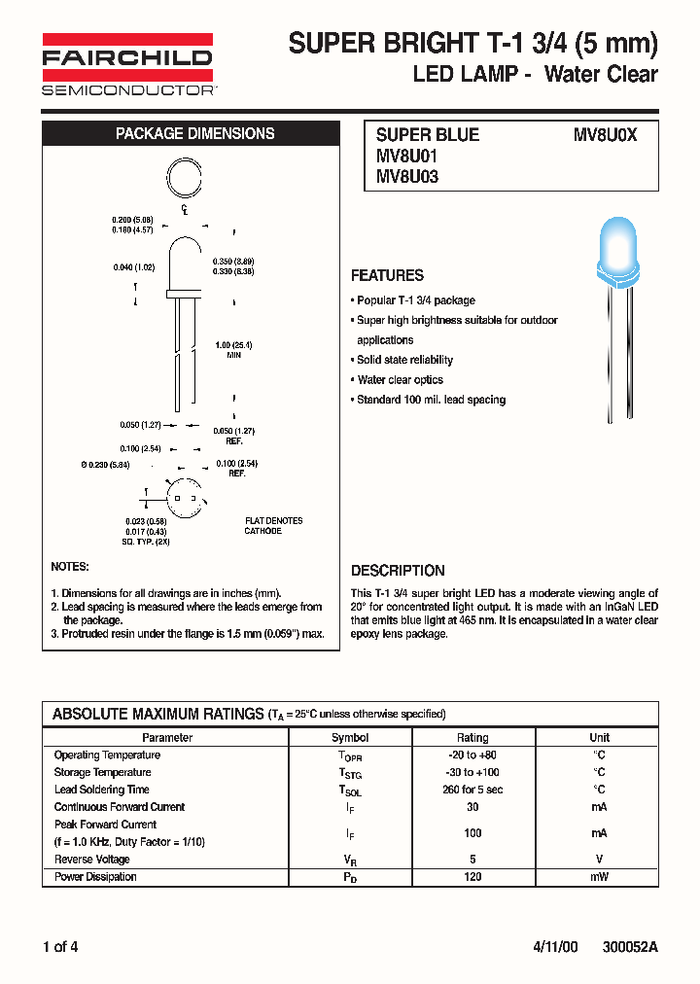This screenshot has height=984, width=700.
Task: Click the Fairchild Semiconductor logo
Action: (x=127, y=64)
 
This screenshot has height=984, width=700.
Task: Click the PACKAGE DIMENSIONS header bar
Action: (x=194, y=134)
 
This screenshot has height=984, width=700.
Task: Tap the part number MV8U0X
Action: (x=605, y=135)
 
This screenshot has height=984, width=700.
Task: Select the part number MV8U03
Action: (x=407, y=177)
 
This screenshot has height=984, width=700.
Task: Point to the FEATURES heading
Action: (x=387, y=275)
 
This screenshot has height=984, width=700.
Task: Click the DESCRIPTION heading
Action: (x=398, y=571)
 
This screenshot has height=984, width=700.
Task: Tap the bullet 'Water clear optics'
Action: (x=400, y=380)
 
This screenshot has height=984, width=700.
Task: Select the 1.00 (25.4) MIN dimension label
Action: (x=233, y=350)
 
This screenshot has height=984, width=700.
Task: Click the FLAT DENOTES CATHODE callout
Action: (x=273, y=526)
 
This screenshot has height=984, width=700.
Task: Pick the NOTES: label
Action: (x=69, y=567)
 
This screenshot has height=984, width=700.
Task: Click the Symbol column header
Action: (x=350, y=738)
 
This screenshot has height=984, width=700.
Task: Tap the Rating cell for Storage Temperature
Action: (x=472, y=772)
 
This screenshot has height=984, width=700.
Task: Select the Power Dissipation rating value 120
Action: (x=472, y=877)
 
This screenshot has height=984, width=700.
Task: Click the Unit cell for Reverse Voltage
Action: (x=599, y=860)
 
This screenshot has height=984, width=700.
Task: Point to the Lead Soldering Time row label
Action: (x=102, y=790)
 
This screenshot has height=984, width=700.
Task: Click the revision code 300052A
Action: (x=630, y=947)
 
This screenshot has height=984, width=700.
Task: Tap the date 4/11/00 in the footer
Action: (x=555, y=947)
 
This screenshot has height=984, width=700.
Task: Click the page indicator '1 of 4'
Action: (x=60, y=947)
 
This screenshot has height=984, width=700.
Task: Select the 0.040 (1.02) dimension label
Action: (x=134, y=266)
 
